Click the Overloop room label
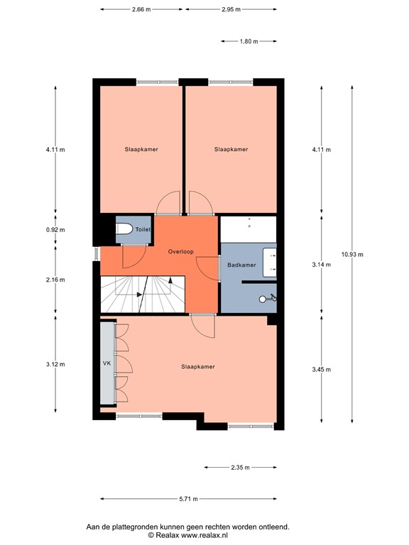click(181, 252)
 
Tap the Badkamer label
click(241, 265)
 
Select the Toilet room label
click(143, 229)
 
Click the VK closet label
click(108, 363)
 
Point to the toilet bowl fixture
click(125, 230)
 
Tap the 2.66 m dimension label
click(141, 9)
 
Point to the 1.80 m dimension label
click(249, 41)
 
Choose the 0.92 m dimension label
click(55, 230)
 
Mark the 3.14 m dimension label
click(322, 265)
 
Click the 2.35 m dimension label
click(241, 467)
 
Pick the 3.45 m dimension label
click(322, 369)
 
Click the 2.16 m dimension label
click(55, 280)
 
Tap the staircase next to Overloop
click(142, 293)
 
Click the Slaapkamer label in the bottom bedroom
click(198, 367)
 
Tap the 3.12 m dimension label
click(55, 364)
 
